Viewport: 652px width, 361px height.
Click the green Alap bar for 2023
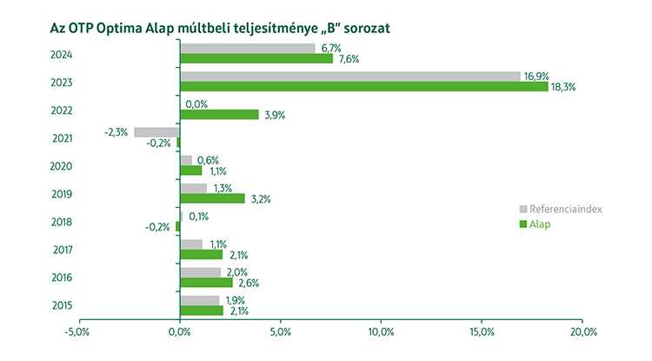point(363,87)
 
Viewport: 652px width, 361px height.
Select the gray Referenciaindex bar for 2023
point(349,77)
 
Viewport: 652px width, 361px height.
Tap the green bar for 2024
point(256,59)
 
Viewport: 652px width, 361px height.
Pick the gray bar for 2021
point(156,132)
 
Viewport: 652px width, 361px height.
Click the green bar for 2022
point(219,115)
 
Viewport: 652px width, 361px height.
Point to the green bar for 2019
point(212,198)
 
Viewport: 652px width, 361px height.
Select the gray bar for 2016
point(200,272)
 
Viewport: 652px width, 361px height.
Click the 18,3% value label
point(564,87)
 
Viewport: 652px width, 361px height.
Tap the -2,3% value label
point(116,132)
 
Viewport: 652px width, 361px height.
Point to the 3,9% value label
point(275,115)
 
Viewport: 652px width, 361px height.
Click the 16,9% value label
point(536,77)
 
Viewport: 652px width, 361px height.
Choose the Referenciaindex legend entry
point(566,210)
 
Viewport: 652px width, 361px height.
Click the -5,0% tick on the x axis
point(78,332)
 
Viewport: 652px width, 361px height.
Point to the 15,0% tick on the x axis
point(482,332)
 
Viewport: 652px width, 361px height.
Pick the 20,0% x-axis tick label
point(582,332)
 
